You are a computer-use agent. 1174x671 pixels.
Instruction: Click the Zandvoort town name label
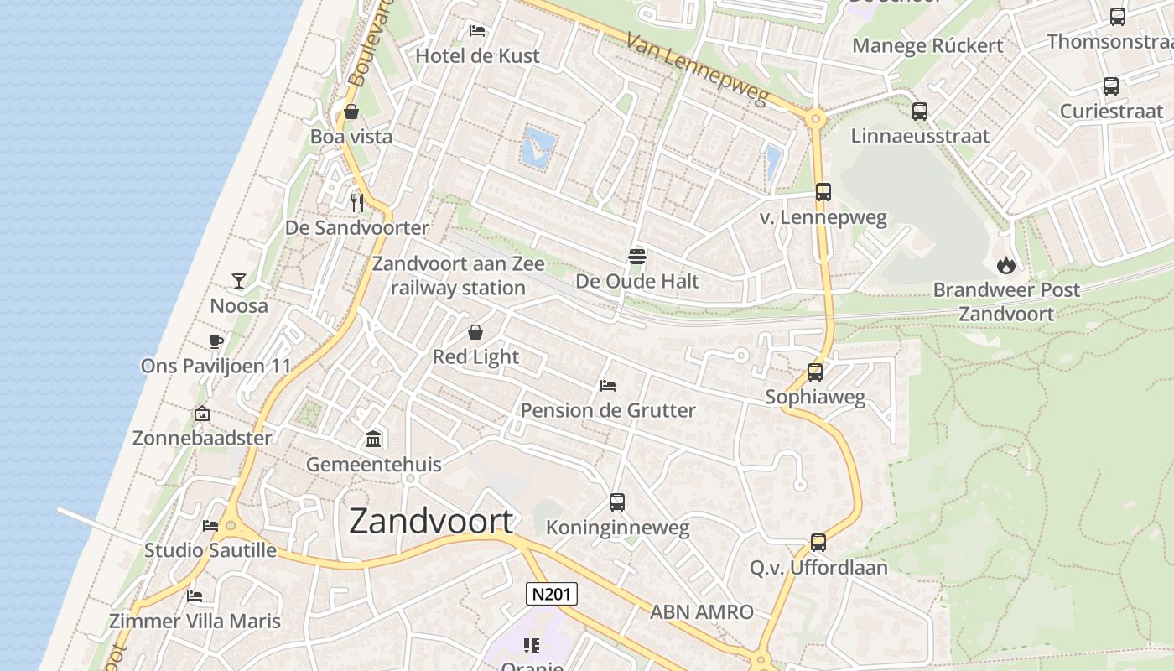[431, 522]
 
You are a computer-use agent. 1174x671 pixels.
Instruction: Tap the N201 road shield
[552, 594]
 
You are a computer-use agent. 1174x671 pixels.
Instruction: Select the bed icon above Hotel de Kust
[477, 31]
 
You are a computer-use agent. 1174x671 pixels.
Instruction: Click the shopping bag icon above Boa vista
[351, 112]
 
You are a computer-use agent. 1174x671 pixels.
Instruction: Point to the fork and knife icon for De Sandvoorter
[357, 202]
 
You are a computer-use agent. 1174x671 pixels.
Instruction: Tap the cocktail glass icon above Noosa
[239, 281]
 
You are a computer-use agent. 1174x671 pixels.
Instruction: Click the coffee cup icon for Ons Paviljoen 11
[216, 341]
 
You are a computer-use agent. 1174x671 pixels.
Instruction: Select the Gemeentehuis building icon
[373, 439]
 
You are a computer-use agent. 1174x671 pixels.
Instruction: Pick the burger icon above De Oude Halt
[637, 256]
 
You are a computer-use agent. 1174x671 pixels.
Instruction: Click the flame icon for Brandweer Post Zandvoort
[1006, 265]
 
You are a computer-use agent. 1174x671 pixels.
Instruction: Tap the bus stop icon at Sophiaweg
[815, 372]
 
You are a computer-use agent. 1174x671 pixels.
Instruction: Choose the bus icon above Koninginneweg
[617, 502]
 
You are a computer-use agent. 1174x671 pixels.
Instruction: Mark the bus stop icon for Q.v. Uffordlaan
[818, 543]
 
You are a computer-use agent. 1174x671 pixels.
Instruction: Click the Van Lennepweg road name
[697, 70]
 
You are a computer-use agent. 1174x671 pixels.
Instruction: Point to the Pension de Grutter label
[608, 410]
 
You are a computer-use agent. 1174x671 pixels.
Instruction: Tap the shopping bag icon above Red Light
[475, 332]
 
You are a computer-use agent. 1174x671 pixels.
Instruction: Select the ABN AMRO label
[702, 612]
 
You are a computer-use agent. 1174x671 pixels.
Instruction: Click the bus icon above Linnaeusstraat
[920, 111]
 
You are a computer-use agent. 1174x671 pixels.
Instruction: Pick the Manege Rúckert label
[927, 45]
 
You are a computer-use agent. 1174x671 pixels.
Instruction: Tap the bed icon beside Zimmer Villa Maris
[195, 596]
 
